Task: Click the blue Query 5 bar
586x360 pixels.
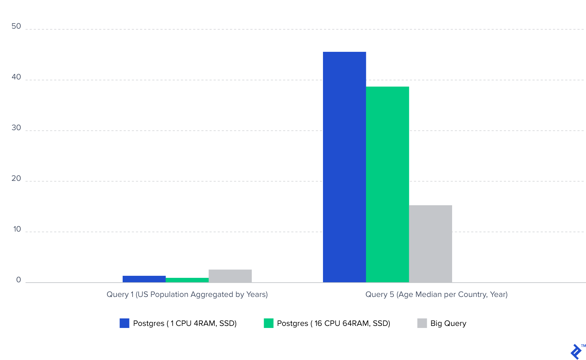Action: coord(344,167)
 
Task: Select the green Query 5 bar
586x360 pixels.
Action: coord(387,184)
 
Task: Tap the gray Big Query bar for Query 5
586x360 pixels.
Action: coord(430,243)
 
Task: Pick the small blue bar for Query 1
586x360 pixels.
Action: coord(144,279)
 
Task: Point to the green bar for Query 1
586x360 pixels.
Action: coord(187,280)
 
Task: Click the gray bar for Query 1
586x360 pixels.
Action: coord(230,276)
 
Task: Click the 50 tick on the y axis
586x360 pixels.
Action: coord(16,26)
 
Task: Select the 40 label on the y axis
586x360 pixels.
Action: coord(16,77)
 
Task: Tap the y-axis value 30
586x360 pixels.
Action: coord(16,128)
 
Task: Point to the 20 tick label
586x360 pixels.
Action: coord(16,179)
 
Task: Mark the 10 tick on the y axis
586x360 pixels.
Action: coord(17,229)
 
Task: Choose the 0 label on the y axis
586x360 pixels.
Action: coord(18,280)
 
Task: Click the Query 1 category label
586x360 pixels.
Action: coord(187,295)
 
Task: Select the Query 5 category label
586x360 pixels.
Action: coord(436,295)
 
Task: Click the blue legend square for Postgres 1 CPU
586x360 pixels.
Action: coord(124,323)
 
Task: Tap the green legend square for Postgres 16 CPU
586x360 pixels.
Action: coord(268,323)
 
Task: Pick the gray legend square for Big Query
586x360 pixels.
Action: coord(422,323)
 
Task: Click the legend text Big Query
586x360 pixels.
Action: coord(448,324)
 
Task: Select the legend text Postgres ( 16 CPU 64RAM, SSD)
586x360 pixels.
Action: coord(333,324)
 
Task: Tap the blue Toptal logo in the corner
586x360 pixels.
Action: coord(576,352)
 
